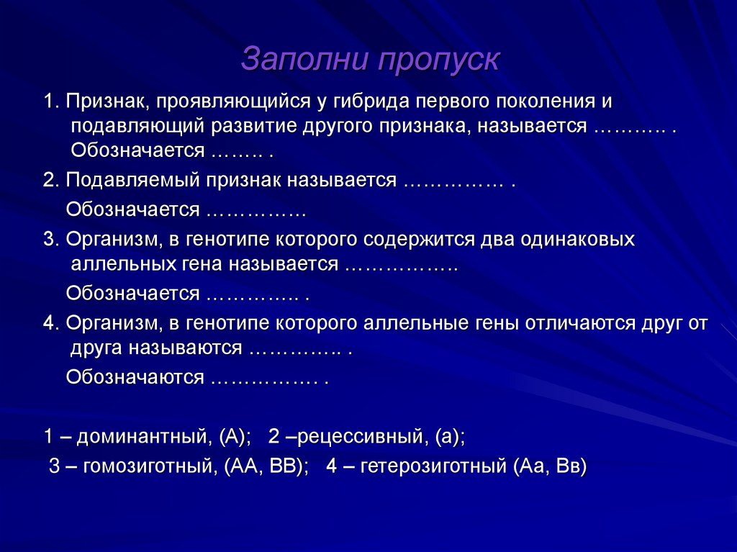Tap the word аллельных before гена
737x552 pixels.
pos(122,264)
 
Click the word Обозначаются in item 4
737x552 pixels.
pos(135,378)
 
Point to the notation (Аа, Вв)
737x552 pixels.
pos(551,465)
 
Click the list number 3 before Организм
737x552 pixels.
pos(48,239)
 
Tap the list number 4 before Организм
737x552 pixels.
pos(48,323)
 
